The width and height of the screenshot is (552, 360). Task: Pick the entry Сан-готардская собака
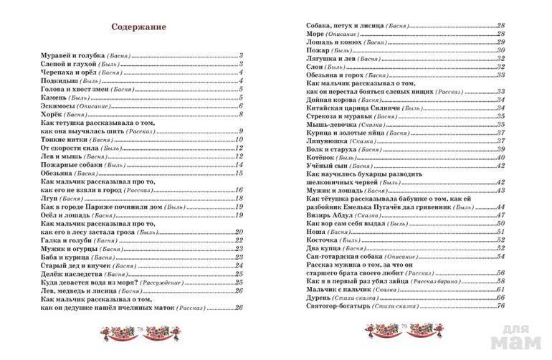(342, 257)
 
